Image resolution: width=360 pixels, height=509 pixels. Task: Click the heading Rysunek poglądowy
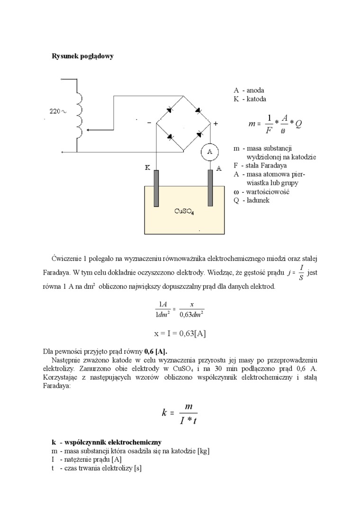[x=82, y=56]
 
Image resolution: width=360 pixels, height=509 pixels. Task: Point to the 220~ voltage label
[x=58, y=112]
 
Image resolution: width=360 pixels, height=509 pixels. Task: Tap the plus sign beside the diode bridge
[x=216, y=124]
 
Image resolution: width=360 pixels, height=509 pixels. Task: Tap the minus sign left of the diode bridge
[x=149, y=123]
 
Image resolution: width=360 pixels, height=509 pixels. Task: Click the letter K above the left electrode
[x=147, y=168]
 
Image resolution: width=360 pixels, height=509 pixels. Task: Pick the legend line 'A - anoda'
[x=249, y=90]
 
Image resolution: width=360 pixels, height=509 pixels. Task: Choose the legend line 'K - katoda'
[x=250, y=99]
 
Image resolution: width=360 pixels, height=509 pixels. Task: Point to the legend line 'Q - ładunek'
[x=252, y=200]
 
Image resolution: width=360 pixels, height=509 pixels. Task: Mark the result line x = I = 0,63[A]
[x=180, y=333]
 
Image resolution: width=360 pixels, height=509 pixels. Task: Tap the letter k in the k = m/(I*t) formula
[x=164, y=413]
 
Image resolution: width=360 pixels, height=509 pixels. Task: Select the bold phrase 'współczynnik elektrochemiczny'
[x=111, y=442]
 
